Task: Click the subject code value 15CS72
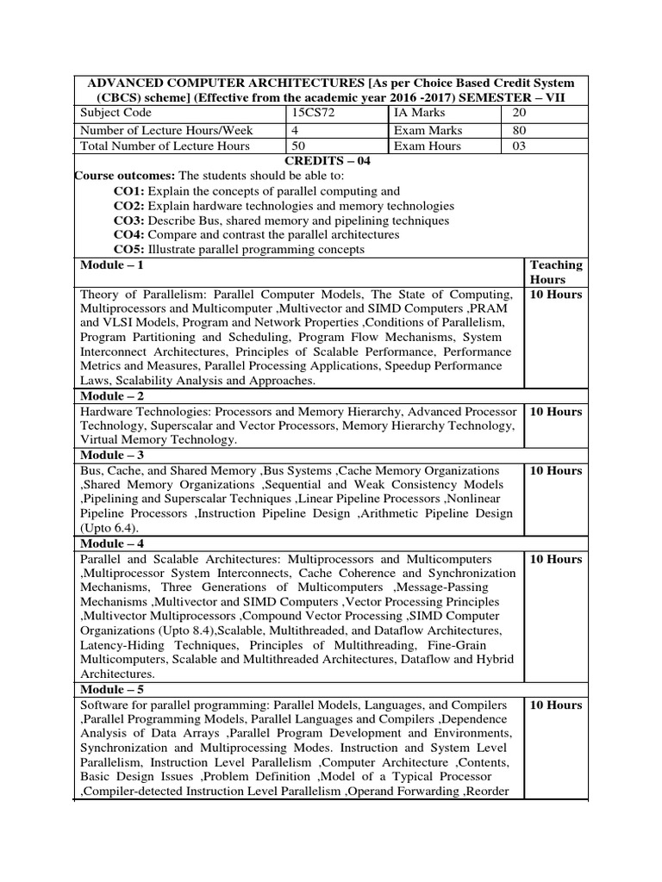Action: click(x=313, y=113)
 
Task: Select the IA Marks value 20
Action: click(x=519, y=113)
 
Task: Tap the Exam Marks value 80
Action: click(x=519, y=130)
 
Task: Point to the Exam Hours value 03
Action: click(x=519, y=146)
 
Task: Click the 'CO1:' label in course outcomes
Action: click(x=129, y=191)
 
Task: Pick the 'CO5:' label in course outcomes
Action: click(x=129, y=250)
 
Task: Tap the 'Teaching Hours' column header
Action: click(x=556, y=272)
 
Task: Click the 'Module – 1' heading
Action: click(x=111, y=265)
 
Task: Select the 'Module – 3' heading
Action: click(x=111, y=455)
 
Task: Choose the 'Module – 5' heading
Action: click(x=111, y=689)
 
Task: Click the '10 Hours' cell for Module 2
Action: click(x=556, y=412)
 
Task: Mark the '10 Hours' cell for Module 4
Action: click(x=556, y=559)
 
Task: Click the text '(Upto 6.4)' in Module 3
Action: click(x=108, y=528)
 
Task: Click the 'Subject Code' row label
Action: click(x=116, y=113)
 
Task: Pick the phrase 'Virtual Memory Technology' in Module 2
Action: click(x=156, y=440)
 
